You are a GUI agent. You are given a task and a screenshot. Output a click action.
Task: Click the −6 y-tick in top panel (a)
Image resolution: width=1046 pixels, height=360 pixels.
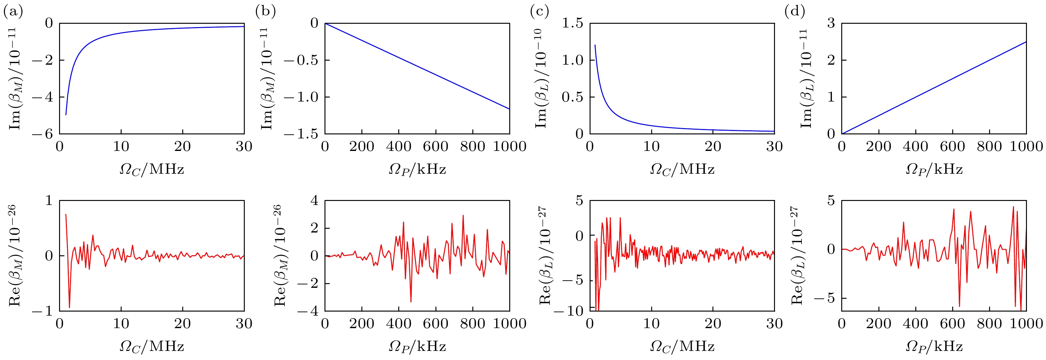(x=43, y=134)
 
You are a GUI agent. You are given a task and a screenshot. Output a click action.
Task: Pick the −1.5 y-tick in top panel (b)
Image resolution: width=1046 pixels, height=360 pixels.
(x=301, y=134)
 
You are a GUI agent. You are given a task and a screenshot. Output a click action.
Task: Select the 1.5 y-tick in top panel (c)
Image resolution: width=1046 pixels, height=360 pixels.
(x=572, y=23)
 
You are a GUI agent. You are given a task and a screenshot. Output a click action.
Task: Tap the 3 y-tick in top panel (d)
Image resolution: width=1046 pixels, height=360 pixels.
(x=831, y=23)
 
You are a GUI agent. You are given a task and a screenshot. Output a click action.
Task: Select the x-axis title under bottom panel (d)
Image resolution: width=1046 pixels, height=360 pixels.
(x=934, y=346)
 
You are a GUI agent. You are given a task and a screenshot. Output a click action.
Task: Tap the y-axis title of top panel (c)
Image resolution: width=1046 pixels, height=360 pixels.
(x=542, y=78)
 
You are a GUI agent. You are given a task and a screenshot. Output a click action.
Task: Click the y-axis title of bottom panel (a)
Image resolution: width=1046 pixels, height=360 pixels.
(x=15, y=256)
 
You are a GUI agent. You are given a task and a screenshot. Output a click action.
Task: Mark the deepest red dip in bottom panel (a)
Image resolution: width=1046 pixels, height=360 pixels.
(x=69, y=307)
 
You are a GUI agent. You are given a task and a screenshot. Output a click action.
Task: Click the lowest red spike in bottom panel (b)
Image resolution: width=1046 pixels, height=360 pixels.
(x=411, y=302)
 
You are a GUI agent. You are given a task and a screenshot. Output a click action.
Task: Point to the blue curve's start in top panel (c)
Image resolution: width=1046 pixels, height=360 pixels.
(x=595, y=45)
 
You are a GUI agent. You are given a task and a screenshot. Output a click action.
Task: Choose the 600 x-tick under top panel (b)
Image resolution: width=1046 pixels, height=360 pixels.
(x=436, y=147)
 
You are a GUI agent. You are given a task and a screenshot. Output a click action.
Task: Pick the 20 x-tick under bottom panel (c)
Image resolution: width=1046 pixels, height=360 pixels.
(x=713, y=324)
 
